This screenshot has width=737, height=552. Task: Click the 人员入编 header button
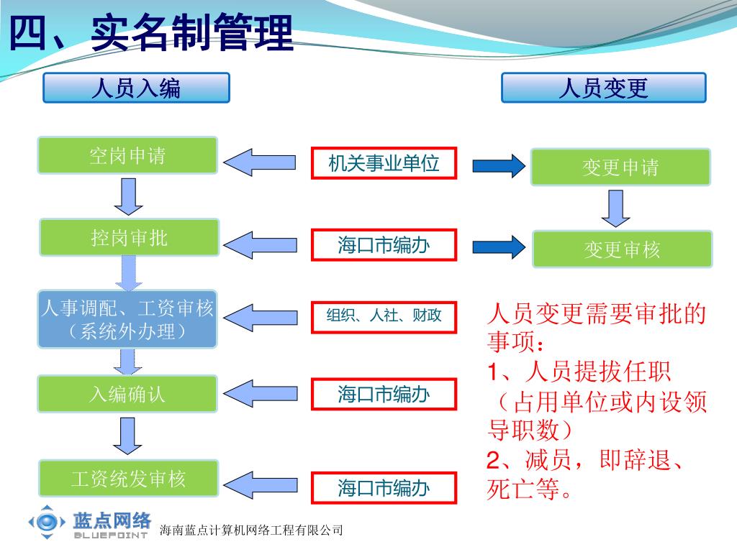136,88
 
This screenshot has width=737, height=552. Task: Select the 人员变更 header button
603,88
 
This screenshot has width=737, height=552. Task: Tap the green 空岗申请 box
127,155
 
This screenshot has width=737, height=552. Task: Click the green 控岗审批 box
129,237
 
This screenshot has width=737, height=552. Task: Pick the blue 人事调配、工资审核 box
127,319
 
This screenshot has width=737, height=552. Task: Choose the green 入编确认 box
127,394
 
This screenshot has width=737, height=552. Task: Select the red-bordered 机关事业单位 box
384,163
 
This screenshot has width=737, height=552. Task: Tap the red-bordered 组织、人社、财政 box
384,316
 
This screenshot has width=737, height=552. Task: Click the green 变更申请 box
620,167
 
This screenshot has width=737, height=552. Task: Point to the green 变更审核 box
622,249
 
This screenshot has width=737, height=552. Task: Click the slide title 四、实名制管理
150,33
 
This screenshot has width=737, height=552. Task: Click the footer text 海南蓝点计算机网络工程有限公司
250,530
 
